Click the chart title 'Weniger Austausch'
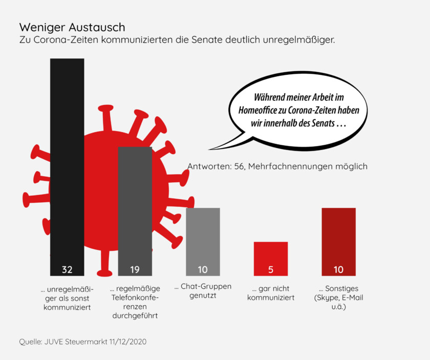[x=72, y=27]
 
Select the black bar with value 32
[x=67, y=154]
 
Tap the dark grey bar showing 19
[x=135, y=205]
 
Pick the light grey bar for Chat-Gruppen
[x=203, y=236]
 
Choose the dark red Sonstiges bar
[x=338, y=236]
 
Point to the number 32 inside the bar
[x=67, y=269]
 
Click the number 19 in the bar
[x=135, y=269]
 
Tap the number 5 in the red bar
[x=271, y=269]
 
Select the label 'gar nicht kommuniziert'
[x=271, y=293]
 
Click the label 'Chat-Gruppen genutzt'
[x=203, y=291]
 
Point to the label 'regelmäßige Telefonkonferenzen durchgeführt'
[x=135, y=302]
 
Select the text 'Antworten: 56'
[x=215, y=166]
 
